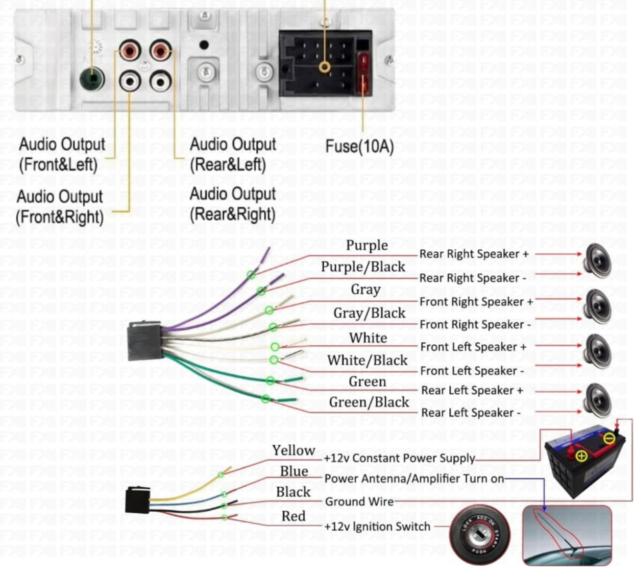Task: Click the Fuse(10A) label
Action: (359, 147)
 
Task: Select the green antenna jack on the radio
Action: (92, 79)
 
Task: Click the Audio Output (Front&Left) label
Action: (61, 154)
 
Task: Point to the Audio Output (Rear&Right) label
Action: (233, 204)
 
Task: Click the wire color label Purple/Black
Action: (363, 267)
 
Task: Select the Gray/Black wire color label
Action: (369, 313)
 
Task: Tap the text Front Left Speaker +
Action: (473, 347)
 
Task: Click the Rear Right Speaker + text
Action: (474, 254)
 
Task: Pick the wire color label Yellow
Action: (294, 450)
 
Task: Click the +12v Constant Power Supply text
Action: (399, 458)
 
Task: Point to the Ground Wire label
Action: (359, 502)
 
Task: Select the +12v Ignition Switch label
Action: (377, 527)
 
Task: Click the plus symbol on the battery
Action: (581, 456)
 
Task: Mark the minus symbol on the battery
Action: (609, 438)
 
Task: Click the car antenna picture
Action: (567, 535)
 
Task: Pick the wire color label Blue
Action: (294, 471)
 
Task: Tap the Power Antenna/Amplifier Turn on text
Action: (414, 479)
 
